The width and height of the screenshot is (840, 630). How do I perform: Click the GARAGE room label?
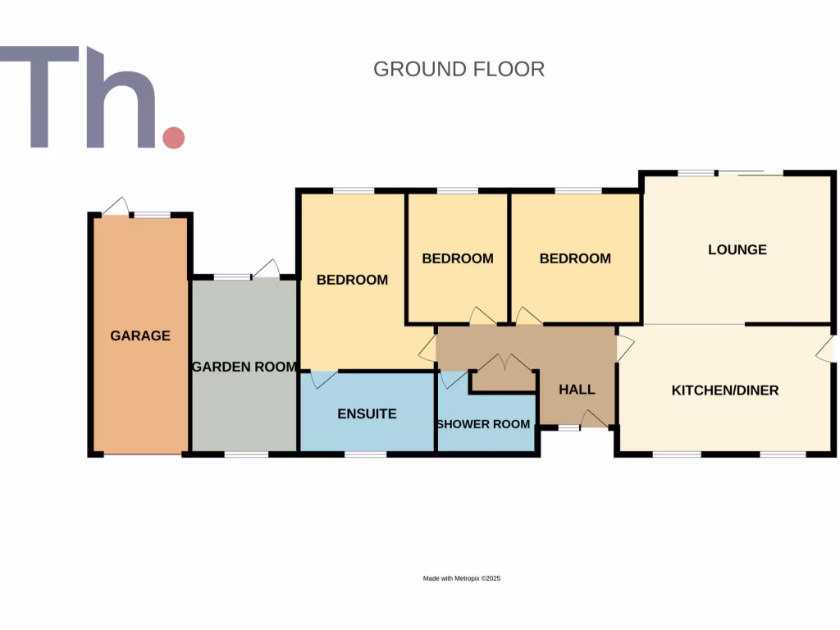pyautogui.click(x=140, y=336)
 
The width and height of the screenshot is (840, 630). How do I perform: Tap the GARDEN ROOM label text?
pyautogui.click(x=244, y=367)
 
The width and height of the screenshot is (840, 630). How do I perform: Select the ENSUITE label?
pyautogui.click(x=367, y=414)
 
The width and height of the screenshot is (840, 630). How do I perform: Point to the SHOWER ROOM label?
pyautogui.click(x=483, y=424)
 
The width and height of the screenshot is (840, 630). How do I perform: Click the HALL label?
pyautogui.click(x=577, y=390)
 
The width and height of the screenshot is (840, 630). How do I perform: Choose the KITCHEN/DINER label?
pyautogui.click(x=725, y=390)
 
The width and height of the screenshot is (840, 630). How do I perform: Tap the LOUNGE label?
pyautogui.click(x=737, y=249)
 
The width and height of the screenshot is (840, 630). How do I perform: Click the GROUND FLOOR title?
pyautogui.click(x=459, y=69)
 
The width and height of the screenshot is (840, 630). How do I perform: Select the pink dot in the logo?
pyautogui.click(x=173, y=137)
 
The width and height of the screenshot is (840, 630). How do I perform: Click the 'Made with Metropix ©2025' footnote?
pyautogui.click(x=461, y=578)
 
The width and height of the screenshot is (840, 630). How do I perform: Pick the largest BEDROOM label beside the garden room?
pyautogui.click(x=352, y=280)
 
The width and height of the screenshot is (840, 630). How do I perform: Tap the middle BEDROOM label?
pyautogui.click(x=458, y=258)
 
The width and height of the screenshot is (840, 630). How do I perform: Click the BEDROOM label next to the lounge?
pyautogui.click(x=575, y=258)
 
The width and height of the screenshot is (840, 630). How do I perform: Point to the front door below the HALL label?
pyautogui.click(x=594, y=419)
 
